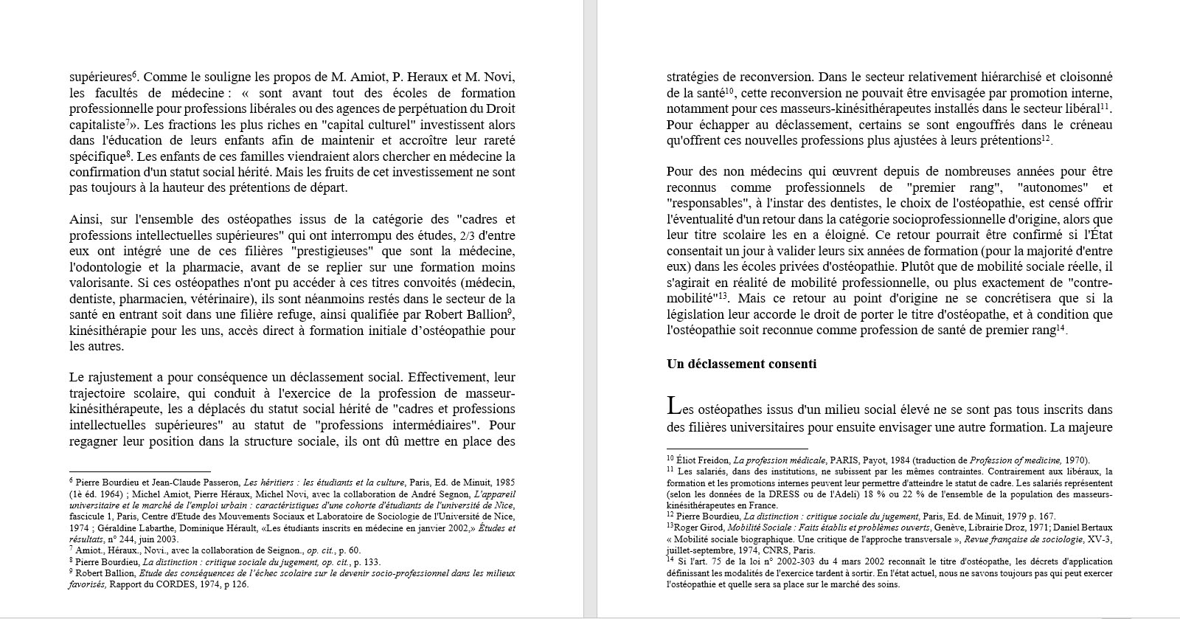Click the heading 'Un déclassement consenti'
tap(741, 364)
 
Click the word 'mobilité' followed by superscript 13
tap(690, 300)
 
